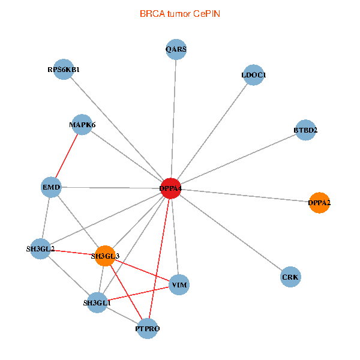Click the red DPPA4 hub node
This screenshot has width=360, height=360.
click(x=170, y=188)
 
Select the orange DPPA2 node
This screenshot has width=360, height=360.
click(x=319, y=202)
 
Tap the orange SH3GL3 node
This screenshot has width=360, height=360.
click(x=105, y=256)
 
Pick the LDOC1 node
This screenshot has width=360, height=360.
click(x=254, y=75)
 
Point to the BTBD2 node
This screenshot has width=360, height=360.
click(x=305, y=130)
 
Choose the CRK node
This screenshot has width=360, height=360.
click(x=290, y=277)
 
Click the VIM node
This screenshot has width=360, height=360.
click(x=179, y=284)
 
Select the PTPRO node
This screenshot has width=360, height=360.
click(x=148, y=328)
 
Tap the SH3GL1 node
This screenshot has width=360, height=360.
click(x=97, y=303)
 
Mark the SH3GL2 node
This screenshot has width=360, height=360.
click(x=41, y=248)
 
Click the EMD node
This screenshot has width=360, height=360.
click(x=50, y=188)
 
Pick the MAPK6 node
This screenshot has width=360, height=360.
click(x=82, y=125)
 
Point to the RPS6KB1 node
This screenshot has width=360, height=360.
click(x=64, y=70)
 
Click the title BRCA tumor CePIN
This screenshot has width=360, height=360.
click(x=179, y=13)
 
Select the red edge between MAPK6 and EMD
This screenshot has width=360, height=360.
click(x=66, y=156)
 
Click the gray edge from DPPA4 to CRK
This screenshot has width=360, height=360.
click(x=230, y=233)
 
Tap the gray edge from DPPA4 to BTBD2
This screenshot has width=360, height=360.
click(x=238, y=160)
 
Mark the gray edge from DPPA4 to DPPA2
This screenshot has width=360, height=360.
click(x=244, y=195)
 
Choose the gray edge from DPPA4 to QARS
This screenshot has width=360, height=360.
click(x=173, y=119)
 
